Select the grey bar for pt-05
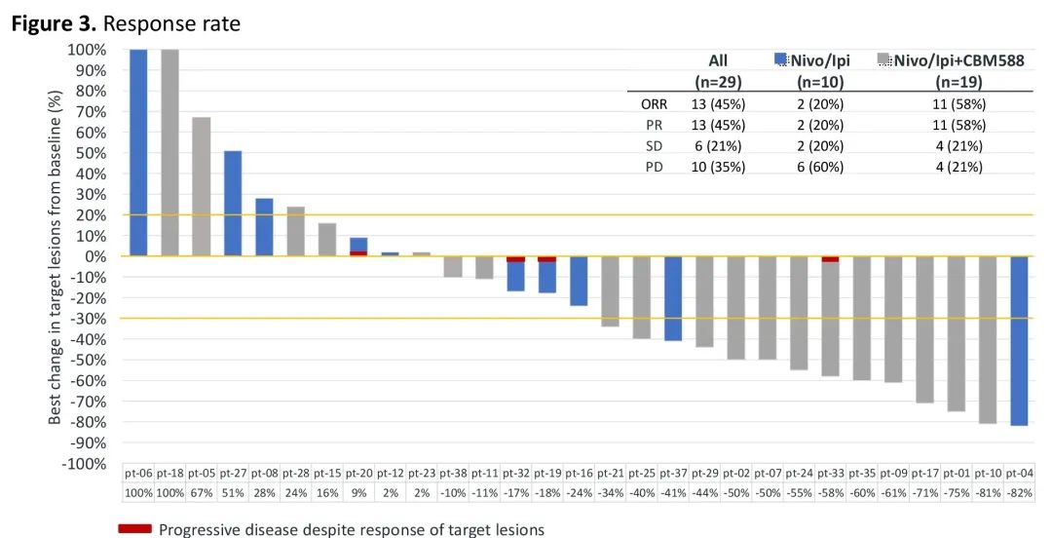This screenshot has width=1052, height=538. click(x=202, y=186)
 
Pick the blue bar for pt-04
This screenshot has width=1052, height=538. click(x=1018, y=340)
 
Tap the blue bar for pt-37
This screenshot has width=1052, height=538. click(x=673, y=298)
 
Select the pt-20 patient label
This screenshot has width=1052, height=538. click(x=359, y=473)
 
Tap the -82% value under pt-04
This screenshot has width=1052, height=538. click(x=1018, y=493)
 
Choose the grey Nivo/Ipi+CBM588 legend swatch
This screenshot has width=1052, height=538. click(x=884, y=59)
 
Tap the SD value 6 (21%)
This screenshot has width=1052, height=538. click(x=716, y=145)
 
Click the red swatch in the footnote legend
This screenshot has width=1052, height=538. click(x=134, y=529)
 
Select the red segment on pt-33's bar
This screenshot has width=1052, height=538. click(x=830, y=259)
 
